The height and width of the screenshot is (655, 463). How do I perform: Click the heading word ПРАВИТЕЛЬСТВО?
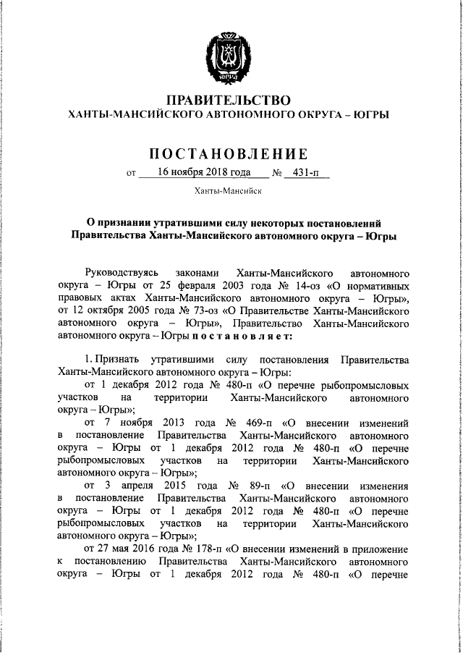(229, 99)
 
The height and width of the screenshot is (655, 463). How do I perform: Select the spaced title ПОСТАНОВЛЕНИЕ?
(229, 153)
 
